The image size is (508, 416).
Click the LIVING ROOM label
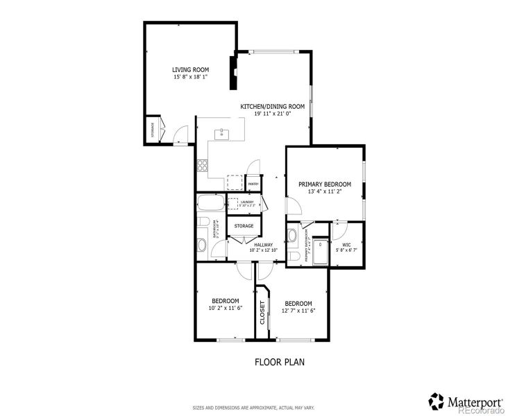coord(191,69)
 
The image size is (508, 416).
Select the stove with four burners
coord(203,166)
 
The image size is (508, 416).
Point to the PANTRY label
coord(253,184)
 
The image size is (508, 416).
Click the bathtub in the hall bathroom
coord(210,204)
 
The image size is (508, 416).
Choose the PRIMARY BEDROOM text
coord(325,184)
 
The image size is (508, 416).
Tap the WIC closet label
coord(345,244)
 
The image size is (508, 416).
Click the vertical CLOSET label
coord(262,312)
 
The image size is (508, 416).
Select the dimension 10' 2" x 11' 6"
coord(226,308)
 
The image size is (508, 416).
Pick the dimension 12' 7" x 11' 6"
coord(298,311)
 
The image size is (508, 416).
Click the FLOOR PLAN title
coord(280,361)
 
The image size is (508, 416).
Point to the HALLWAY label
coord(263,244)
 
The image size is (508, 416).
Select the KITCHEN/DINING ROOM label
coord(273,106)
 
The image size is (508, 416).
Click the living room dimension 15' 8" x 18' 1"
coord(191,77)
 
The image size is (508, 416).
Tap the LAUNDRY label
coord(248,202)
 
